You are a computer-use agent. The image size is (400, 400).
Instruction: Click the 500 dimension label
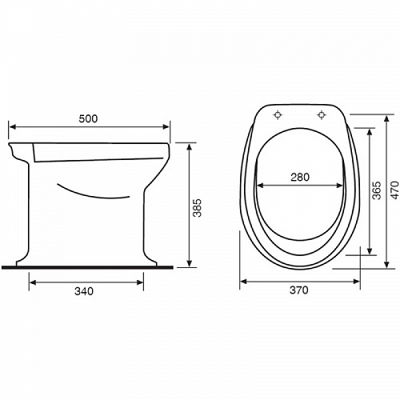pos(88,118)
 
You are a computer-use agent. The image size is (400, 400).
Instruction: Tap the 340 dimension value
pos(84,291)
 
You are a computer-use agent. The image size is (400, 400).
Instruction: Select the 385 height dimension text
pos(198,208)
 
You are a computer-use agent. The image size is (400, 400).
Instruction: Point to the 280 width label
pos(300,177)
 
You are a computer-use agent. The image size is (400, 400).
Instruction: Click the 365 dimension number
pos(377,190)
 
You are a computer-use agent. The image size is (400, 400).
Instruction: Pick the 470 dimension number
pos(395,190)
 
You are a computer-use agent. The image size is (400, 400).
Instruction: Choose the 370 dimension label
pos(299,290)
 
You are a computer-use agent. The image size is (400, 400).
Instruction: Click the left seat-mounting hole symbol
pos(278,115)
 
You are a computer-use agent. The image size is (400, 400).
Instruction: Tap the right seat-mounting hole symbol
pos(322,115)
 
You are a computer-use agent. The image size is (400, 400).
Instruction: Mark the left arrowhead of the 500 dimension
pos(12,126)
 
